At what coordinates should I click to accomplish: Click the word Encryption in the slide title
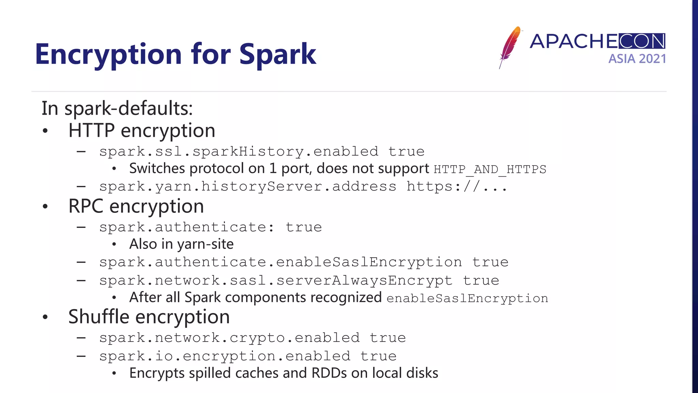pos(108,55)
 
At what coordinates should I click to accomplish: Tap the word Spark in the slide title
pos(277,55)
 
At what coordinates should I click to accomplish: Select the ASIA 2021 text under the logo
pos(637,59)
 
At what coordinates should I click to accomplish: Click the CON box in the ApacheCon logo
pos(641,41)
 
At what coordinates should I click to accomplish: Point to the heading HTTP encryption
pos(142,131)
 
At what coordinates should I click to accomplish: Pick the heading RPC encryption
pos(136,206)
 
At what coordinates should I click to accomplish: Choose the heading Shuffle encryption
pos(149,317)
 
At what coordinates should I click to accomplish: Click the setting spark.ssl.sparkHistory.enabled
pos(239,151)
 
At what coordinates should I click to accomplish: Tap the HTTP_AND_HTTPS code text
pos(490,169)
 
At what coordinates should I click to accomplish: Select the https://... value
pos(457,187)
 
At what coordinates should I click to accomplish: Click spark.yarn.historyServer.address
pos(248,187)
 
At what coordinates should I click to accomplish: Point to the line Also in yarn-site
pos(181,244)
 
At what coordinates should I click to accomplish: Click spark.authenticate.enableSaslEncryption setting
pos(280,262)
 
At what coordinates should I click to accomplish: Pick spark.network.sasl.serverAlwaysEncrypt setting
pos(276,281)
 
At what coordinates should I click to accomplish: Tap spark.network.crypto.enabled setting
pos(229,338)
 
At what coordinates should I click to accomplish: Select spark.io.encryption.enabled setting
pos(225,356)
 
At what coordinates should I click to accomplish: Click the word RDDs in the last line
pos(329,373)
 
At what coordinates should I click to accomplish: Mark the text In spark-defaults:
pos(117,108)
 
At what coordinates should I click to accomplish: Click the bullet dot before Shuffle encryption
pos(45,317)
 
